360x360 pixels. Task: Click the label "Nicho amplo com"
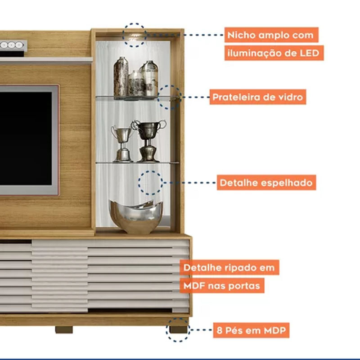pos(271,35)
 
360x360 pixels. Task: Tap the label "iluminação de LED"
pos(274,53)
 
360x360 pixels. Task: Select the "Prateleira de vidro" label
pos(257,97)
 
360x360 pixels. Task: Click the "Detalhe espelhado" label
pos(265,183)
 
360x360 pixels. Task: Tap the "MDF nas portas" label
pos(222,285)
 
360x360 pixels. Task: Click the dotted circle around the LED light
pos(134,35)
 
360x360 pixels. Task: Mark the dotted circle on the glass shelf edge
pos(169,97)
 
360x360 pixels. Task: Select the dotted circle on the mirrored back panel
pos(151,183)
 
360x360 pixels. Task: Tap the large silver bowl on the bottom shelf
pos(136,216)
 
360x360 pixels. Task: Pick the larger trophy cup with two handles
pos(148,139)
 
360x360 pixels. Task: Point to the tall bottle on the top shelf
pos(121,77)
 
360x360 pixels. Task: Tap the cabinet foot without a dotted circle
pos(64,330)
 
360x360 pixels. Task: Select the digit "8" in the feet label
pos(219,331)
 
